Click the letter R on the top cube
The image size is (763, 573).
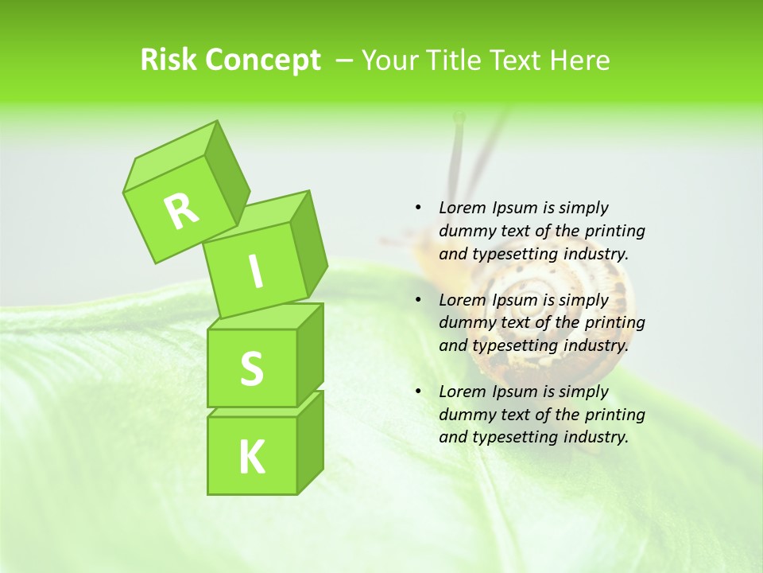point(181,210)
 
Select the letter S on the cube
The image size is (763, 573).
point(251,369)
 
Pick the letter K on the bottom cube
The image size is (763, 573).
point(251,458)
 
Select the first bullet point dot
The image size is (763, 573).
point(417,208)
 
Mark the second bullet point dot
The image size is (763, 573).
point(417,300)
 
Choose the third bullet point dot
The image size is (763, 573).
point(417,392)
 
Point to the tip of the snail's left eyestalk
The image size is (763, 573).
point(459,118)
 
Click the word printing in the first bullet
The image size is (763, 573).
point(614,231)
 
